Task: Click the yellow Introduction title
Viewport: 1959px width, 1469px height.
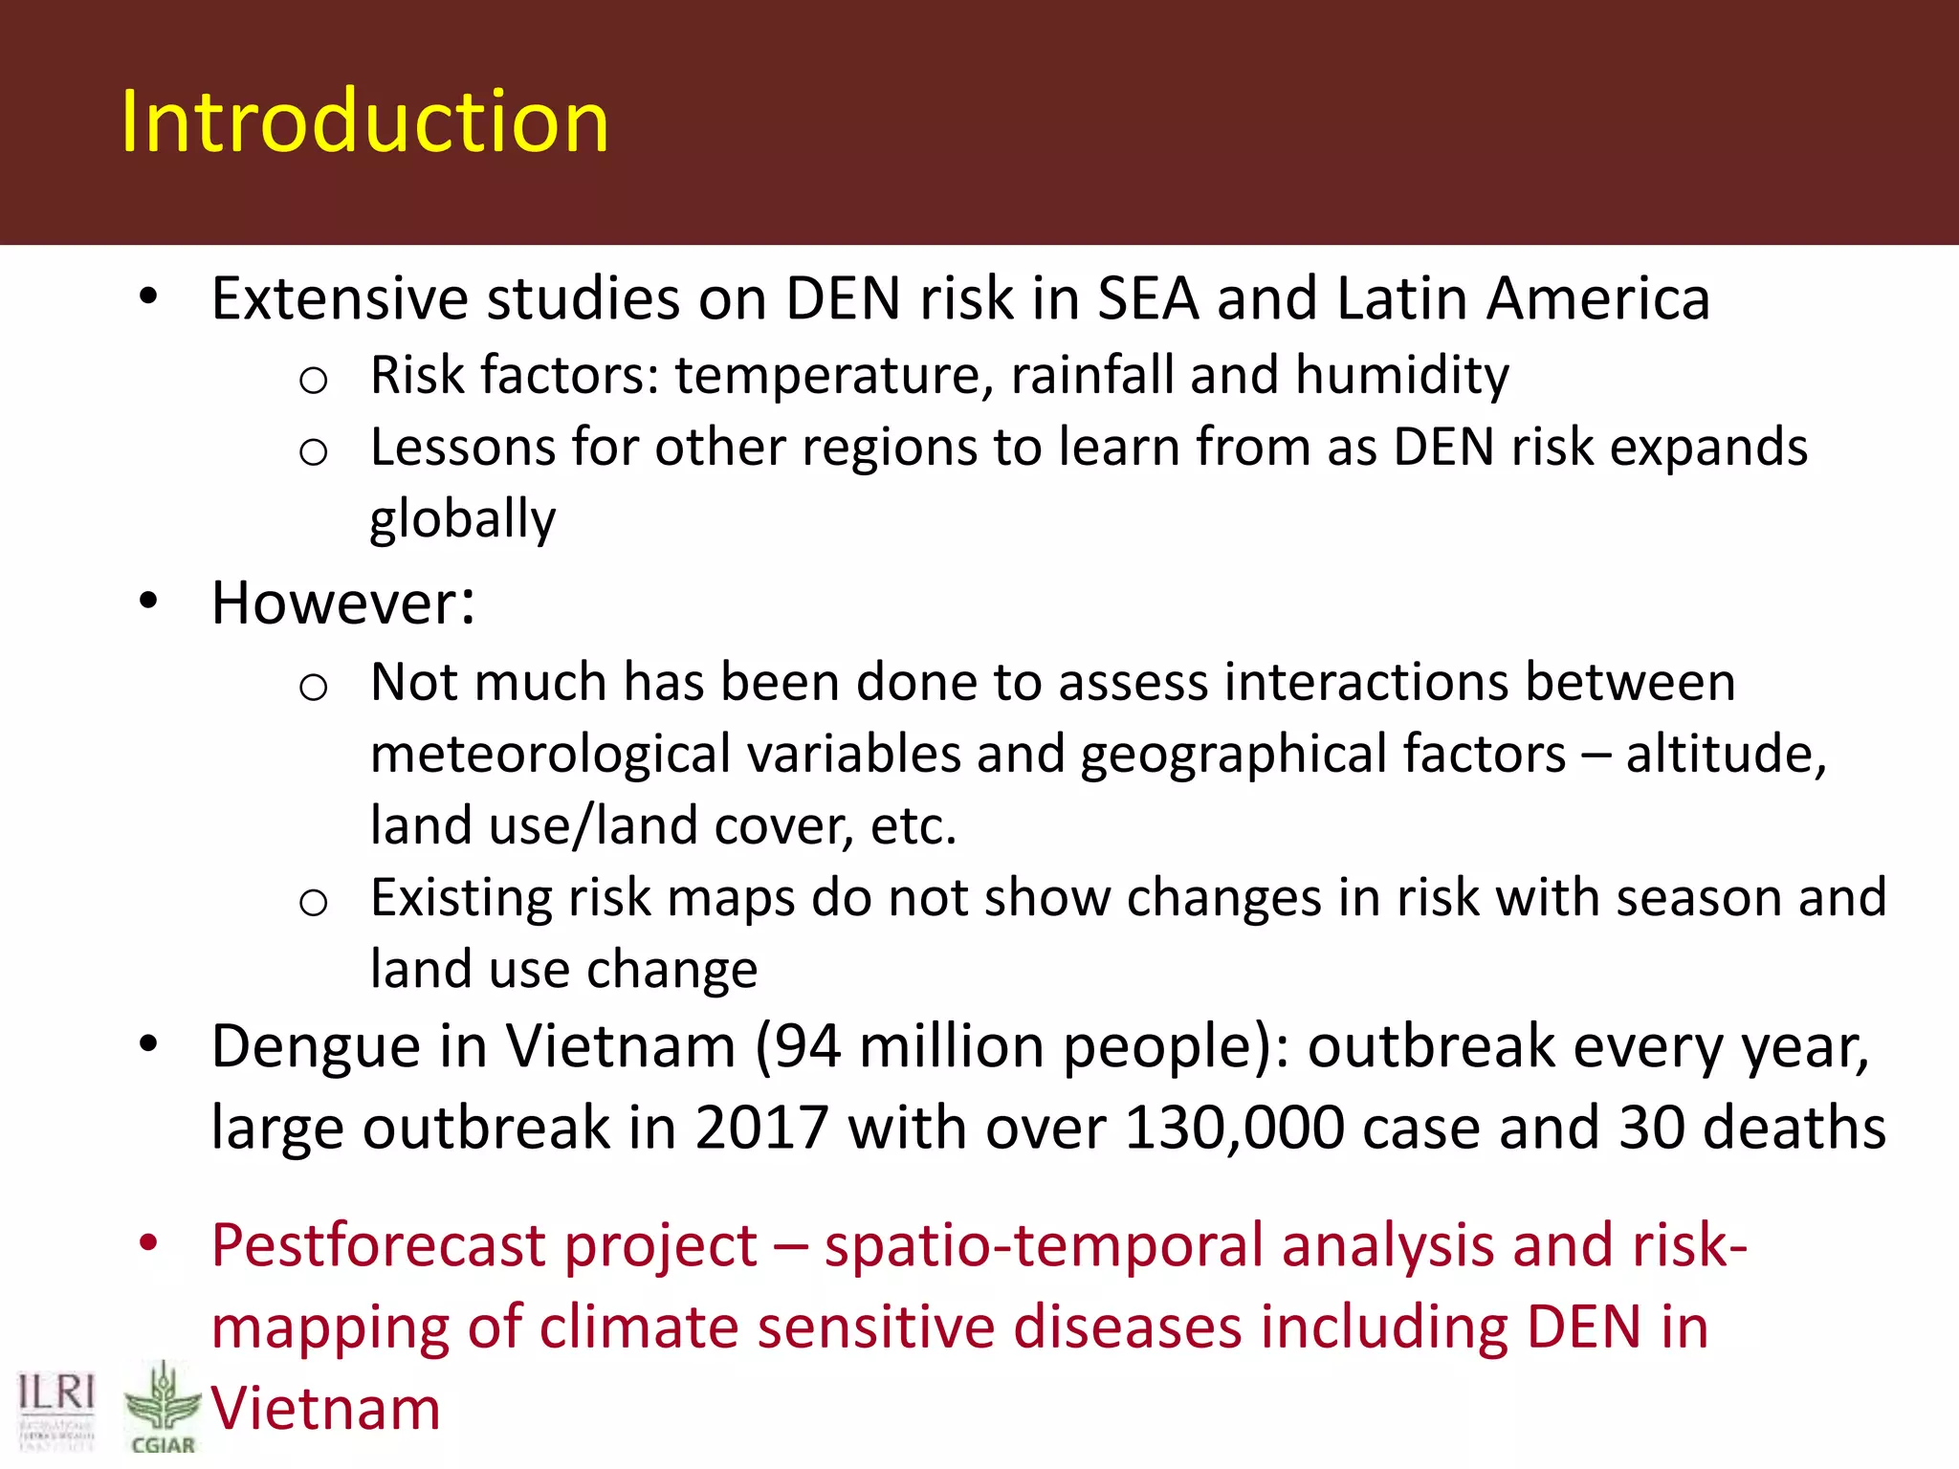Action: point(364,121)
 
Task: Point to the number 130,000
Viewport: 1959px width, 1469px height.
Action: point(1234,1129)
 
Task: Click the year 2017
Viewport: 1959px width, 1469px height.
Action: point(761,1129)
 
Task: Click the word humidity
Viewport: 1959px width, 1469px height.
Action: point(1402,375)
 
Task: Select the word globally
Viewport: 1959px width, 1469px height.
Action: point(462,519)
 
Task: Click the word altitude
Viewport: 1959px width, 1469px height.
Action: point(1726,755)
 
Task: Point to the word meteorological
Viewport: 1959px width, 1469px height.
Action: point(550,755)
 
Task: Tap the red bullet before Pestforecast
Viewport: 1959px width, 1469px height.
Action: point(148,1243)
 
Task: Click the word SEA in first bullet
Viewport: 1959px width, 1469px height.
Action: point(1148,298)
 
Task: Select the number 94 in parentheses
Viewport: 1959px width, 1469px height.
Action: point(807,1046)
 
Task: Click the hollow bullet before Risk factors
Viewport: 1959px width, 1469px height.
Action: point(313,381)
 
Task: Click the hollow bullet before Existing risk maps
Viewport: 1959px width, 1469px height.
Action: point(313,903)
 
